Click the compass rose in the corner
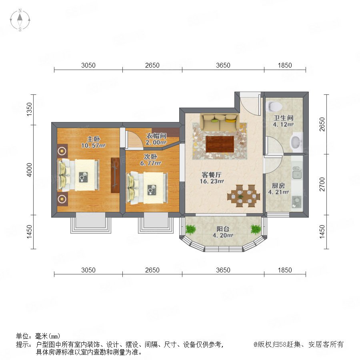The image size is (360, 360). point(20,20)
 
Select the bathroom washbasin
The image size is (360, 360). point(296,142)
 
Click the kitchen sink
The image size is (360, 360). point(297,172)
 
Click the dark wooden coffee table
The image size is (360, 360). point(220,144)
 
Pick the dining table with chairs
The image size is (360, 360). point(244,196)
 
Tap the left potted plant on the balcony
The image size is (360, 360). point(191,229)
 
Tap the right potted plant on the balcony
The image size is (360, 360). point(256,229)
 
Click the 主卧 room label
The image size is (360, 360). point(94,139)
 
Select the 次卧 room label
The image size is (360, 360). point(150,156)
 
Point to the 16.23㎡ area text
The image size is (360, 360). point(212,181)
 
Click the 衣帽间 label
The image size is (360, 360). point(156,136)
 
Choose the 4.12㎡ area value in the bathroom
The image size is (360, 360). point(283,124)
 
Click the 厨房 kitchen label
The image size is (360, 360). point(278,186)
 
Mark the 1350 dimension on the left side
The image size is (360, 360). point(29,109)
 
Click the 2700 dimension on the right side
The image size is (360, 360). point(322,184)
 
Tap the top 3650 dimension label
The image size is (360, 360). point(223,66)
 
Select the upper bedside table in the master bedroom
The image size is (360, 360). point(62,151)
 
